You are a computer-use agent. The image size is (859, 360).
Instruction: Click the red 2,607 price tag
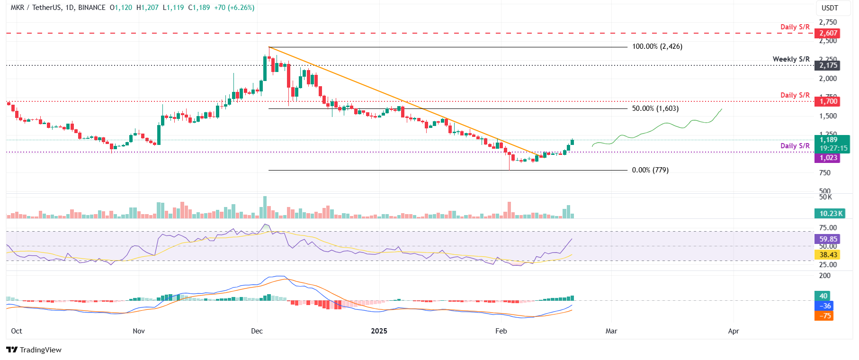(828, 33)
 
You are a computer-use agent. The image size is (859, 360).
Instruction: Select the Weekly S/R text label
(791, 59)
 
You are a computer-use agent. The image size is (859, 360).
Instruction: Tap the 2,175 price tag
(828, 65)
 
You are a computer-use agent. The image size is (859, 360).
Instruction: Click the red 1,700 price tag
(828, 101)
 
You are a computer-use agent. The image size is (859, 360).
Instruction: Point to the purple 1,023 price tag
(828, 158)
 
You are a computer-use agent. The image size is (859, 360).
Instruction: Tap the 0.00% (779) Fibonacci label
(650, 170)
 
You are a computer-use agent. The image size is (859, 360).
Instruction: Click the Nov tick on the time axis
(139, 331)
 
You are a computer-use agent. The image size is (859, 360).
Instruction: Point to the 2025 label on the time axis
(379, 331)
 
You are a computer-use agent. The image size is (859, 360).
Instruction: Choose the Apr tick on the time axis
(733, 331)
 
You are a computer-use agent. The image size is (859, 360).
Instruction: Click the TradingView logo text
(40, 350)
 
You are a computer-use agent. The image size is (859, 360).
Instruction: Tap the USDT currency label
(829, 8)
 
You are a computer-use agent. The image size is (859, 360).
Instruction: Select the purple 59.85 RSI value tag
(828, 239)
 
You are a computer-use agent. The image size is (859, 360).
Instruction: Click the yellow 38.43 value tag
(828, 255)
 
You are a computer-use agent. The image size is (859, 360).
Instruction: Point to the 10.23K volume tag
(831, 214)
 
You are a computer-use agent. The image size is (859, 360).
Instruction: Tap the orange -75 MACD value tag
(824, 316)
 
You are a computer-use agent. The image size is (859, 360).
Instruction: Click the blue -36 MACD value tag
(824, 306)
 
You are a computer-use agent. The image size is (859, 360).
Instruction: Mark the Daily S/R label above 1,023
(795, 146)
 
